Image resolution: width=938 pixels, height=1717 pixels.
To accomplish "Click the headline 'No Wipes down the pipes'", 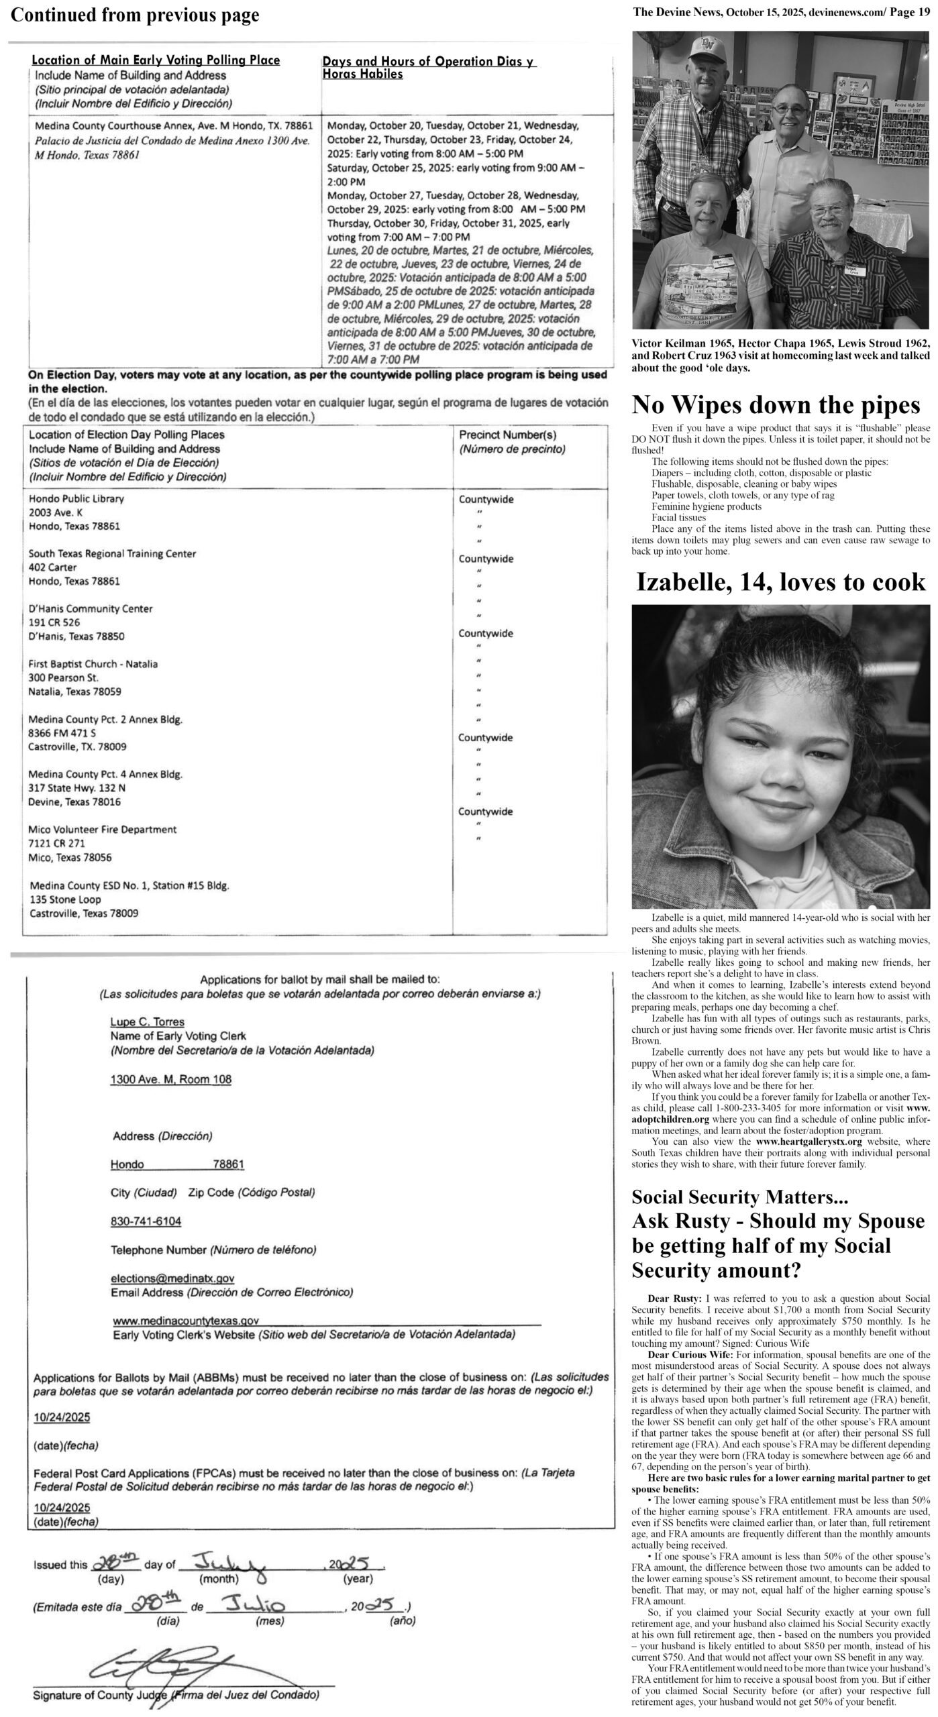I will point(776,405).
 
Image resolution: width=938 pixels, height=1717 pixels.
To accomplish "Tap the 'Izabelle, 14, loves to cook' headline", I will point(780,582).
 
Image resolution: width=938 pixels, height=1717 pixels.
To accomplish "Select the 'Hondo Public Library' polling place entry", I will point(76,499).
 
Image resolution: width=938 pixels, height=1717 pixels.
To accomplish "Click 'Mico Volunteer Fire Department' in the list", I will point(103,830).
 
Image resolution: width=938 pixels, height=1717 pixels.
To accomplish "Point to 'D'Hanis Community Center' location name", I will point(91,609).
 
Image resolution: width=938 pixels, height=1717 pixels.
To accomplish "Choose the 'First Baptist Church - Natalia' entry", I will point(93,664).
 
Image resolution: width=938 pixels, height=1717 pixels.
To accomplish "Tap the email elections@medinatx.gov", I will point(172,1279).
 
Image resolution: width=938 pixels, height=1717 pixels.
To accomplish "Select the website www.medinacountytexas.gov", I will point(185,1320).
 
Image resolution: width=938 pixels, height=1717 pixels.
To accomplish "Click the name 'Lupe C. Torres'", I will point(147,1022).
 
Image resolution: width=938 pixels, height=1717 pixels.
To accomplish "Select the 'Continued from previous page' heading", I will point(135,15).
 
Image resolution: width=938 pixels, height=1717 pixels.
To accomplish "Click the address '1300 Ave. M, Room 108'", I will point(170,1079).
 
